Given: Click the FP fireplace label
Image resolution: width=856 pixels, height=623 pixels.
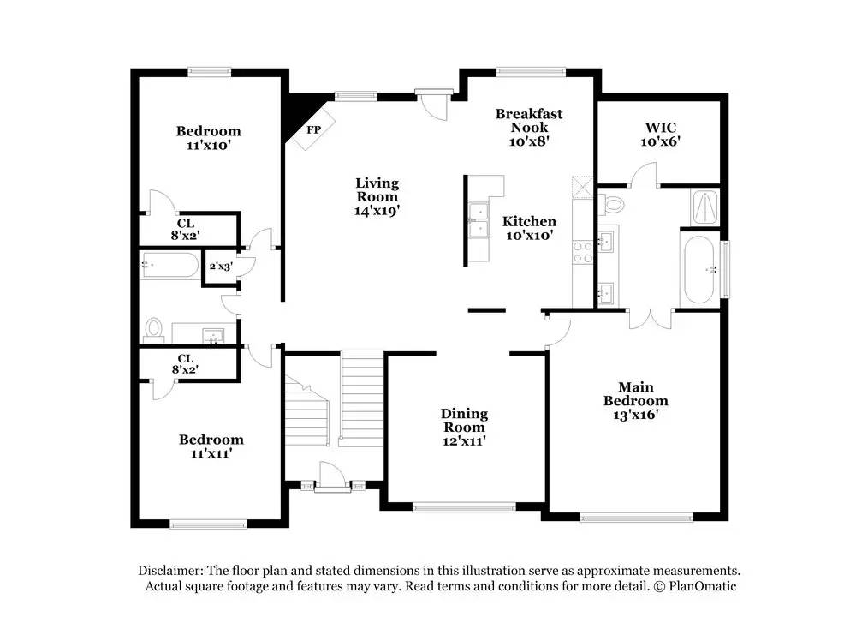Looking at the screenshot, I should click(313, 130).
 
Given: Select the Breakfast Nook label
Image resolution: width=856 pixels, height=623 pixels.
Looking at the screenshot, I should click(529, 127).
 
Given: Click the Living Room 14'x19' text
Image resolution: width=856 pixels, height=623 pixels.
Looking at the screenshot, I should click(377, 196).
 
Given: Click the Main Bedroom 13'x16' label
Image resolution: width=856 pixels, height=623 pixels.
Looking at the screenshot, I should click(635, 401).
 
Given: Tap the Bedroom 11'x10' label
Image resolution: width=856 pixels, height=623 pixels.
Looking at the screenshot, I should click(208, 138).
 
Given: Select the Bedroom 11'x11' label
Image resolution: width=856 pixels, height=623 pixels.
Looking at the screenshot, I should click(211, 446).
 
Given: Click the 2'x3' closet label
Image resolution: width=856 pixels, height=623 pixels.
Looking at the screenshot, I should click(220, 266).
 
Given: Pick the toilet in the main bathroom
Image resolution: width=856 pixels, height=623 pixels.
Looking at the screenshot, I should click(612, 203).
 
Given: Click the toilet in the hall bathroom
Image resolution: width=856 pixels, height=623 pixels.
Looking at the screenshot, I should click(154, 328).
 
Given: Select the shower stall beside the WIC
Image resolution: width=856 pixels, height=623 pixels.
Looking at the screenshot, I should click(704, 206).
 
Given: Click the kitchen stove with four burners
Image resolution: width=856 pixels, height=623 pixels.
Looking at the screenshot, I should click(583, 251).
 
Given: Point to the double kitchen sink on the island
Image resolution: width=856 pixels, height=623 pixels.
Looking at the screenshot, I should click(478, 220).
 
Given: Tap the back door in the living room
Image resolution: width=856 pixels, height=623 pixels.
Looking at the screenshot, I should click(435, 104).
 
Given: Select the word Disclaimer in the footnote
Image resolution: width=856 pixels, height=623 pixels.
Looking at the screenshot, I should click(169, 571).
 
